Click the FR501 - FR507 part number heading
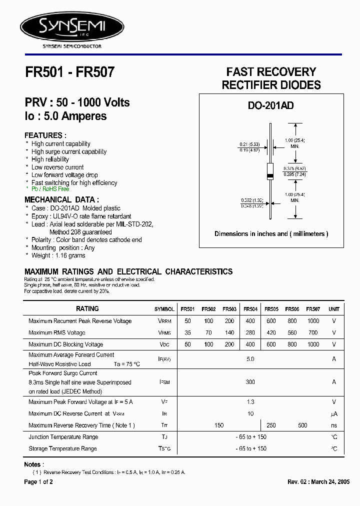[69, 72]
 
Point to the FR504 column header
[250, 309]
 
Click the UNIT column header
[334, 309]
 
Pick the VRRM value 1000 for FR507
[313, 321]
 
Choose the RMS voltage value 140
[229, 332]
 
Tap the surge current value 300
[250, 382]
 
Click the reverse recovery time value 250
[271, 425]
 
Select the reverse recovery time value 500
[302, 425]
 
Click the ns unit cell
[334, 425]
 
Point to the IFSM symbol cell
[164, 382]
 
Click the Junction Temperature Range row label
[63, 437]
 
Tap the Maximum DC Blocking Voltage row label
[66, 344]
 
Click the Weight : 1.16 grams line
[58, 255]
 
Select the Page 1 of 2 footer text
[38, 482]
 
